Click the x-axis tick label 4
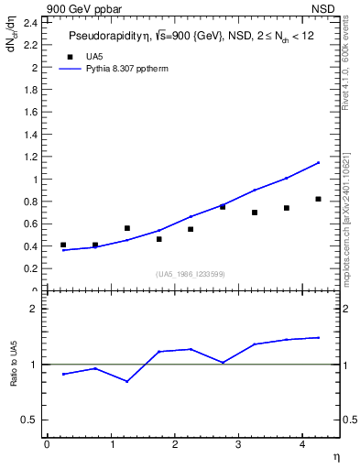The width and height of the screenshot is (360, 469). (x=301, y=444)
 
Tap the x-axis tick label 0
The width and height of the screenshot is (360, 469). (x=47, y=444)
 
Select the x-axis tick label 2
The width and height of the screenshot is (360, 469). (x=174, y=444)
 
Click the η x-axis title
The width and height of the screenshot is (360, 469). (x=334, y=456)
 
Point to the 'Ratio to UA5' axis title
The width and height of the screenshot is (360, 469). (x=16, y=376)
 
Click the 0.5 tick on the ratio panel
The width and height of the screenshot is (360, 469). (x=33, y=420)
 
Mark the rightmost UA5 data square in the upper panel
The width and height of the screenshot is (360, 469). (x=318, y=199)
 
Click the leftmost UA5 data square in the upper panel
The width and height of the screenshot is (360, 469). (x=63, y=245)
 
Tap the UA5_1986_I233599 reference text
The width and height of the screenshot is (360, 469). (x=191, y=274)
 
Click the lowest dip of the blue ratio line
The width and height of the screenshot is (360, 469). (x=126, y=381)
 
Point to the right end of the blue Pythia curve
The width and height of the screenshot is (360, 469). (x=319, y=162)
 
